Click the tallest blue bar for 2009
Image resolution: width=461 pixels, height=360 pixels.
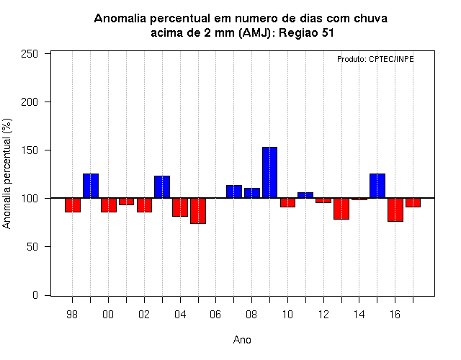coord(269,173)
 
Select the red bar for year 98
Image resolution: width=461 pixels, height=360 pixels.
coord(73,204)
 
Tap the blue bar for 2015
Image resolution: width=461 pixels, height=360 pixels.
coord(377,186)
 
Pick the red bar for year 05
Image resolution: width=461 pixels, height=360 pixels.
coord(198,211)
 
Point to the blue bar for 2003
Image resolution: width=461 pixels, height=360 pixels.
coord(162,187)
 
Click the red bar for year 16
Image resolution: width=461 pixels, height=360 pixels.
coord(395,210)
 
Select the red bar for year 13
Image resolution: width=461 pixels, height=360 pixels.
coord(341,209)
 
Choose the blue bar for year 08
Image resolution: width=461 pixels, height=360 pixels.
coord(252,193)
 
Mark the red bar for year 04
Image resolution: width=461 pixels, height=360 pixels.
coord(180,207)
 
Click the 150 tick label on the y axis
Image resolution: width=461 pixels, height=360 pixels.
coord(30,150)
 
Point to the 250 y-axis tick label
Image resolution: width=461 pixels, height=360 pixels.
coord(30,54)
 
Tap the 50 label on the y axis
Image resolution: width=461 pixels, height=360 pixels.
coord(32,246)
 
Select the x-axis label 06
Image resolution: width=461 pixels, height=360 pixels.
coord(215,315)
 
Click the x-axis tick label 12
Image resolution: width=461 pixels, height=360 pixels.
coord(323,315)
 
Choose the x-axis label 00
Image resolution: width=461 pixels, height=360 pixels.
coord(108,315)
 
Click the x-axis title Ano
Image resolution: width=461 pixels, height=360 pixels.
coord(242,340)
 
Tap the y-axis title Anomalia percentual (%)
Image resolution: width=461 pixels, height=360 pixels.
coord(6,174)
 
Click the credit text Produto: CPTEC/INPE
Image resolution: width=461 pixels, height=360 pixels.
coord(375,59)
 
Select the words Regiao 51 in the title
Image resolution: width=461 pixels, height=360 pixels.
coord(306,32)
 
